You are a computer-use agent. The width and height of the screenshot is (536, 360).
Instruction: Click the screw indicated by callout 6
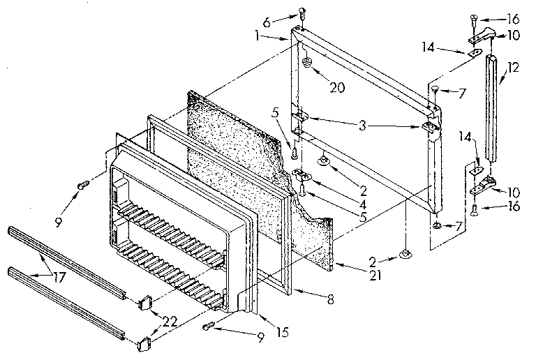tap(301, 12)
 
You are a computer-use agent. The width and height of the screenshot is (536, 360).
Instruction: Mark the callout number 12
tap(514, 67)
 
